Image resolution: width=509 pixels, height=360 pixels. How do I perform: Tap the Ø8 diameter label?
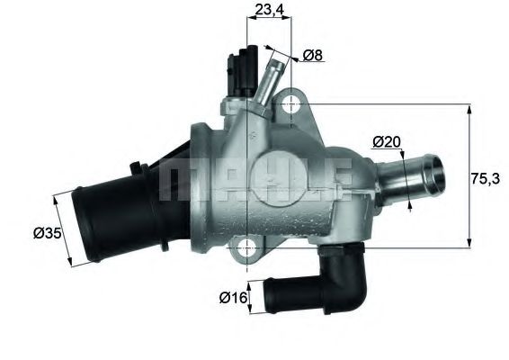313,56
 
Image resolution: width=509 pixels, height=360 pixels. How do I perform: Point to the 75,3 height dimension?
488,178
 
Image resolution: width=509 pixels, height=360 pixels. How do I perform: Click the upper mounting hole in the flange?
290,105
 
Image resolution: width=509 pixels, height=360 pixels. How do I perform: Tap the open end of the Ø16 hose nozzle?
268,296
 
